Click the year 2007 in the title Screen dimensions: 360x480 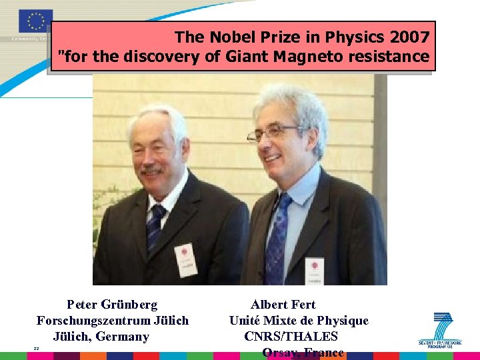click(x=410, y=36)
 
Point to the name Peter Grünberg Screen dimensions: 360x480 click(x=112, y=305)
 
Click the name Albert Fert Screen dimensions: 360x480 click(x=283, y=305)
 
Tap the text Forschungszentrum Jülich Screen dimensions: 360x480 click(x=113, y=321)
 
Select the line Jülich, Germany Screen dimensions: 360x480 click(x=101, y=337)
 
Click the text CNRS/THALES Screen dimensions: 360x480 click(x=291, y=337)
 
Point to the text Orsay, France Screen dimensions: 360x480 click(x=303, y=353)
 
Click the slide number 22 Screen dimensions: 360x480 click(x=37, y=349)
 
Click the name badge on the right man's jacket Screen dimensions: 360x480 click(x=314, y=268)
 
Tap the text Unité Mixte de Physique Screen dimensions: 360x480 click(x=299, y=321)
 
